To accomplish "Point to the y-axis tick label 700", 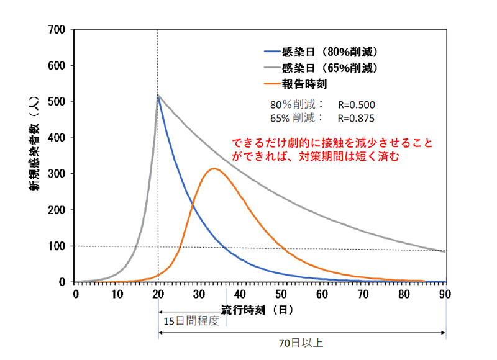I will (57, 30).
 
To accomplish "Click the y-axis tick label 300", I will (57, 174).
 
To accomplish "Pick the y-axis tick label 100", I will (57, 246).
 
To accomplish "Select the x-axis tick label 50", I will (281, 294).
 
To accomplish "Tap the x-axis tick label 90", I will (445, 294).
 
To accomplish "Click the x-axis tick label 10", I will (116, 294).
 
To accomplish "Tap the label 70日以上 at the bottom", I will (303, 342).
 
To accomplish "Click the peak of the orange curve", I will (214, 168).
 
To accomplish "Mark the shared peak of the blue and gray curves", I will (158, 95).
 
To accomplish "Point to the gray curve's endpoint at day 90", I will (445, 251).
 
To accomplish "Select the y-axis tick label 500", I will (57, 102).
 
